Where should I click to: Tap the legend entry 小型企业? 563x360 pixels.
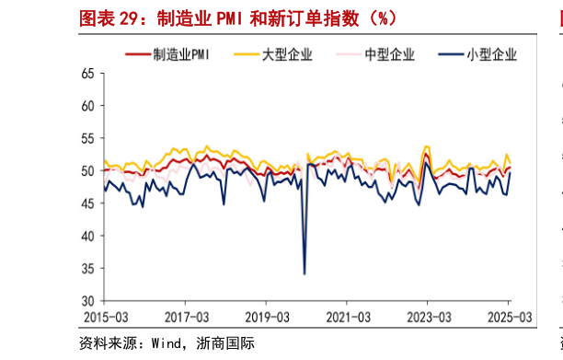click(491, 55)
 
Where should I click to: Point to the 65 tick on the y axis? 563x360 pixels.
click(88, 73)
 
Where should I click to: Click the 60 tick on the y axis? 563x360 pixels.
click(88, 105)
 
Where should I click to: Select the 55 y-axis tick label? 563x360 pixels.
click(88, 138)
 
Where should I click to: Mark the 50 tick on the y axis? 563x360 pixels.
click(88, 170)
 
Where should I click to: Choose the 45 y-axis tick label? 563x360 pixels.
click(88, 203)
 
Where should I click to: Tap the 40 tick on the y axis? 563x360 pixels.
click(88, 236)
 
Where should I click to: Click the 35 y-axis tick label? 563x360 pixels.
click(88, 269)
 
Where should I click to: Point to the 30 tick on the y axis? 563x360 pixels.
click(88, 301)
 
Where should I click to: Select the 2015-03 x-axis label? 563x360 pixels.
click(104, 316)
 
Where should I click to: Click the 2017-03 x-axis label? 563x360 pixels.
click(185, 316)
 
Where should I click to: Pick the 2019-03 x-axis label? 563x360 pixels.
click(266, 316)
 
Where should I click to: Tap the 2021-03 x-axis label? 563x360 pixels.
click(347, 316)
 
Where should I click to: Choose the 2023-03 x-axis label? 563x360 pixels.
click(428, 316)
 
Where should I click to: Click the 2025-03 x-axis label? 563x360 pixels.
click(509, 316)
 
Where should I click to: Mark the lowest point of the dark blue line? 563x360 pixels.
click(304, 273)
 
